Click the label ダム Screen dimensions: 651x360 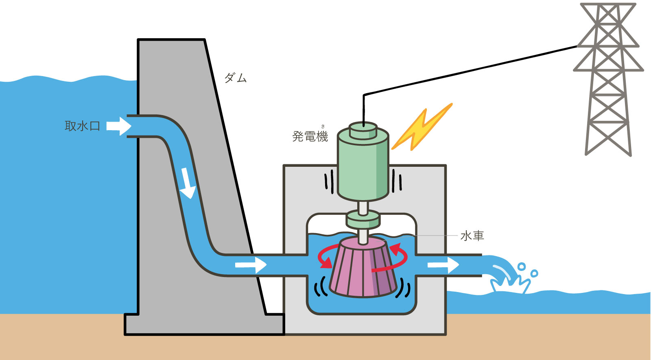pos(236,78)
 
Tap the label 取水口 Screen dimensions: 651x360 pos(83,126)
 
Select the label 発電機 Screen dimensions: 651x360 pos(310,136)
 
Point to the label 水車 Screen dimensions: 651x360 pos(472,236)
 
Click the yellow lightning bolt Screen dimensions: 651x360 pos(422,127)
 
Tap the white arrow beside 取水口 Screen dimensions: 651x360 pos(119,126)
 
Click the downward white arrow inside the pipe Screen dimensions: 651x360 pos(187,183)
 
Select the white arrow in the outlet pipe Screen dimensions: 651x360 pos(443,265)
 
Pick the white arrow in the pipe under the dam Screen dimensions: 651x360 pos(251,265)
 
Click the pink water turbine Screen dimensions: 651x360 pos(363,267)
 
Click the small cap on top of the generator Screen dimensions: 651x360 pos(363,130)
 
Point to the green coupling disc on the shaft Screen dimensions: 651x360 pos(363,220)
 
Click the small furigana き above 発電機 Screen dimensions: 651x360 pos(323,127)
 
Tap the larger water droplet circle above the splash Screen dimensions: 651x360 pos(522,266)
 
